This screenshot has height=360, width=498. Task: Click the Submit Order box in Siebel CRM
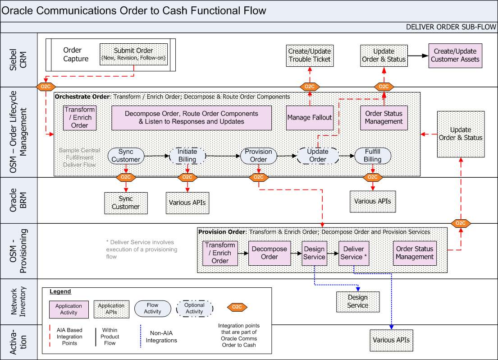click(133, 54)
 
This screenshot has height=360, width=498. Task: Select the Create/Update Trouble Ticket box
click(310, 55)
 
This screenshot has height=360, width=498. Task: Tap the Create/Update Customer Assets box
click(455, 55)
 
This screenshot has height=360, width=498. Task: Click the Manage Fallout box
click(310, 117)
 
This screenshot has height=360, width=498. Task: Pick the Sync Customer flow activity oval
click(126, 156)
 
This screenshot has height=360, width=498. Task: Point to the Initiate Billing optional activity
click(187, 156)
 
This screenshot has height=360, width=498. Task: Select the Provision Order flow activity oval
click(258, 156)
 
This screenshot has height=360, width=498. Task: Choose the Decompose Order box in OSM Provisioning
click(270, 253)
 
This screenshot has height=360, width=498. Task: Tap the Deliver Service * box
click(354, 253)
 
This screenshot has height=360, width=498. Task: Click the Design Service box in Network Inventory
click(358, 301)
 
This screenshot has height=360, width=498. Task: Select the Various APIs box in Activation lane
click(391, 340)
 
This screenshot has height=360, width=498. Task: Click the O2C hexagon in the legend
click(236, 308)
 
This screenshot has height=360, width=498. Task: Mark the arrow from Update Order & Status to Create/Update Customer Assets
click(418, 55)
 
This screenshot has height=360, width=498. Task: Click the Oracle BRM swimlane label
click(18, 199)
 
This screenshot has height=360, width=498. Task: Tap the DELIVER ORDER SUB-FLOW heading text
click(451, 27)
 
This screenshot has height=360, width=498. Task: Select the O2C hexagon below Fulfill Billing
click(372, 177)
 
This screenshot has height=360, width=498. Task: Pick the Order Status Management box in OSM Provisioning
click(415, 253)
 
